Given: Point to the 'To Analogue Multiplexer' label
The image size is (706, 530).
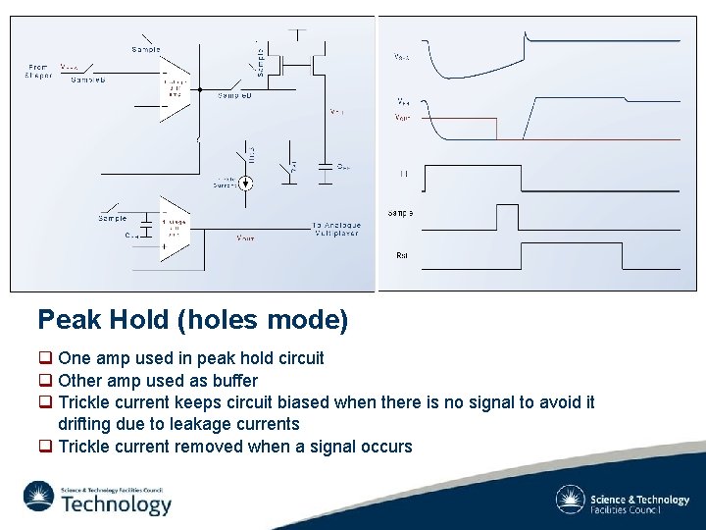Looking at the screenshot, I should (x=336, y=228).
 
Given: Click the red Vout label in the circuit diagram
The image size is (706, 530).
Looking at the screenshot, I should (x=245, y=238).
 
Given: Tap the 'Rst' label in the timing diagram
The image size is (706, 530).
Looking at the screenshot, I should (x=402, y=255).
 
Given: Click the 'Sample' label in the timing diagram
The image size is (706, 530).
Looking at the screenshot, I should (x=400, y=213).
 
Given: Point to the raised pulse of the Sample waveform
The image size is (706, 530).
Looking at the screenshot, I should (x=507, y=214).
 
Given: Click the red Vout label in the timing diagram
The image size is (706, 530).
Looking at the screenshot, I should (x=403, y=118).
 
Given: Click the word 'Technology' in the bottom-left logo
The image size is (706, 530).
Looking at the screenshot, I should (x=116, y=504).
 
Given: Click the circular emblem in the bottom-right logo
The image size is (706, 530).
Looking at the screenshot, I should (x=570, y=500).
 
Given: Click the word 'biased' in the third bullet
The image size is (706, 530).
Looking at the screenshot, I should (x=304, y=401).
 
